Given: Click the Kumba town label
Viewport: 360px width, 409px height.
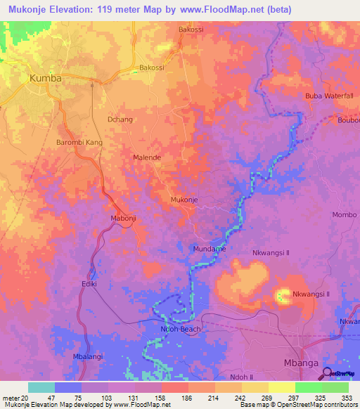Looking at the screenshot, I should tap(45, 78).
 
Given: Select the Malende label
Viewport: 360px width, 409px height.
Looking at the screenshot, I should tap(147, 158).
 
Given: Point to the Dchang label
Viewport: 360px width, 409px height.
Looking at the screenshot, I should tap(120, 119).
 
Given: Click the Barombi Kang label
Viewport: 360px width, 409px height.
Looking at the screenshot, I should tap(79, 143).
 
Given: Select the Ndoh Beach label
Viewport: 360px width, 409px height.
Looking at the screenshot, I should tap(181, 329).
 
